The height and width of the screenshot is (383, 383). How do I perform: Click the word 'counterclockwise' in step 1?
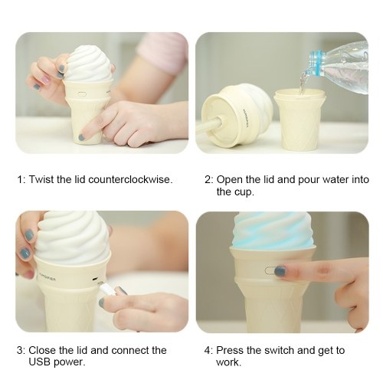click(129, 179)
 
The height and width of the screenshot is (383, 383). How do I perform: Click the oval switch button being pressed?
click(270, 271)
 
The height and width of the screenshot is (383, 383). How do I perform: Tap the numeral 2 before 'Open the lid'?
click(208, 180)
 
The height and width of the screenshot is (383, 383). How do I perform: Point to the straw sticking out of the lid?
click(208, 125)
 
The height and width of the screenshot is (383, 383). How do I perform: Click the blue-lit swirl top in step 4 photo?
click(273, 230)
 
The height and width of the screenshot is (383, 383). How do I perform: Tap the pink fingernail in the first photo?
click(46, 80)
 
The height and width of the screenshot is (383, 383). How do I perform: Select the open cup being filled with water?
click(300, 119)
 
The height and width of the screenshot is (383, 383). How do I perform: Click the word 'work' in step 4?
click(228, 362)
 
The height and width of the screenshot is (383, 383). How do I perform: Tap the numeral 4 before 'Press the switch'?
click(207, 350)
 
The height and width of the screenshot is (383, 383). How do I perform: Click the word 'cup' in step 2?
click(244, 192)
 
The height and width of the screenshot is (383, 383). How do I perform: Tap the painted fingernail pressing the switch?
click(280, 271)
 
